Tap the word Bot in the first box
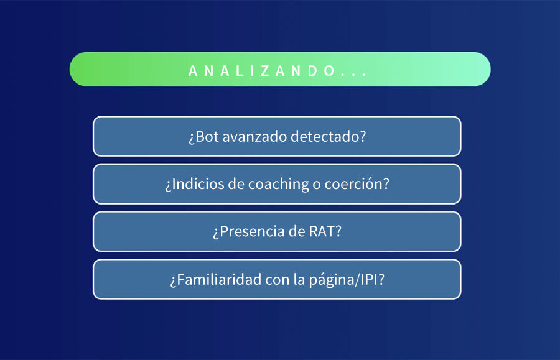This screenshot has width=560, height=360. [x=206, y=136]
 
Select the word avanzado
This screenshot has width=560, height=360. [x=253, y=136]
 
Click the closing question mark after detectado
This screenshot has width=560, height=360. [x=363, y=136]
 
